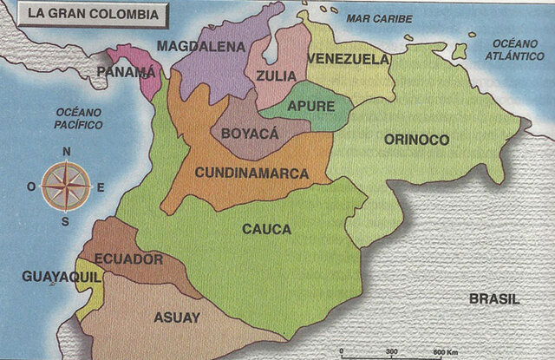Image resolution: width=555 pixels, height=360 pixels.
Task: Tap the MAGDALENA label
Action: click(x=201, y=47)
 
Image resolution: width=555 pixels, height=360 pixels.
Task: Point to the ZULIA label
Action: click(x=275, y=76)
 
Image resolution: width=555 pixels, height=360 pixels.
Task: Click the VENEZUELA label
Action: click(x=349, y=59)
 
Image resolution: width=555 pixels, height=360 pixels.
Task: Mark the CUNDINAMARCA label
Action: click(x=251, y=173)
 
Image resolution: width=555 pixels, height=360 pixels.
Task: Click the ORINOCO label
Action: click(x=416, y=140)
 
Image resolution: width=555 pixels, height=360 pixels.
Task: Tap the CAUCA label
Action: click(x=266, y=230)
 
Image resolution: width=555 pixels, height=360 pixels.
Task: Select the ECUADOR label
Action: click(x=128, y=259)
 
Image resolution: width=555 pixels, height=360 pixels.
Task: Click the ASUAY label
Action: click(x=179, y=317)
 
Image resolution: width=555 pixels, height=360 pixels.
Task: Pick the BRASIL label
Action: click(x=494, y=298)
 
